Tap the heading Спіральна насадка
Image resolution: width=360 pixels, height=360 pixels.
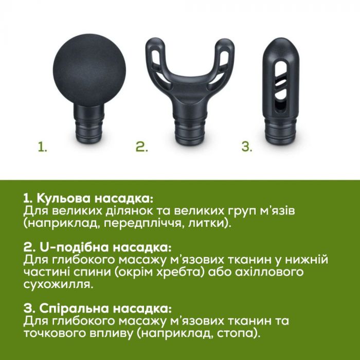click(98, 309)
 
